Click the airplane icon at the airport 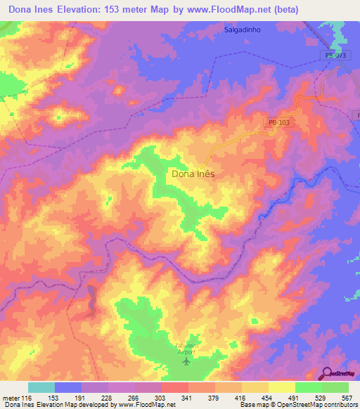186,362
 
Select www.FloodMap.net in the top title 221,10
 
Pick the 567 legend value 347,397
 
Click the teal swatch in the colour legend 41,387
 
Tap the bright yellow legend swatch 282,387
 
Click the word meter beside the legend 11,397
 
